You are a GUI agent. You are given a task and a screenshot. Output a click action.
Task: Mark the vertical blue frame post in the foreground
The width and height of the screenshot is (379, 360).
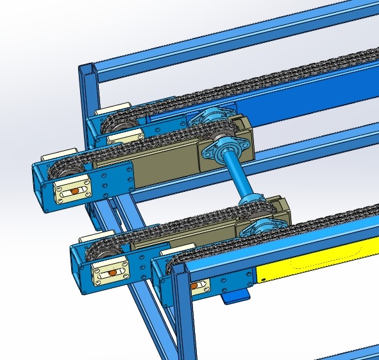(183, 321)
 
